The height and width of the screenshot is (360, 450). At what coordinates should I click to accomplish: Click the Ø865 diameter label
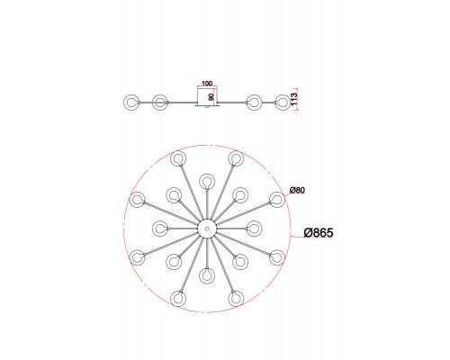(319, 233)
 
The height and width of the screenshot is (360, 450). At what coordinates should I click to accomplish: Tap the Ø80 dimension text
(297, 190)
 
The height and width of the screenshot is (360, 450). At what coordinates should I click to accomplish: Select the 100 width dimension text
(207, 83)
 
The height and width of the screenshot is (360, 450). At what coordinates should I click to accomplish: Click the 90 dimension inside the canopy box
(211, 97)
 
